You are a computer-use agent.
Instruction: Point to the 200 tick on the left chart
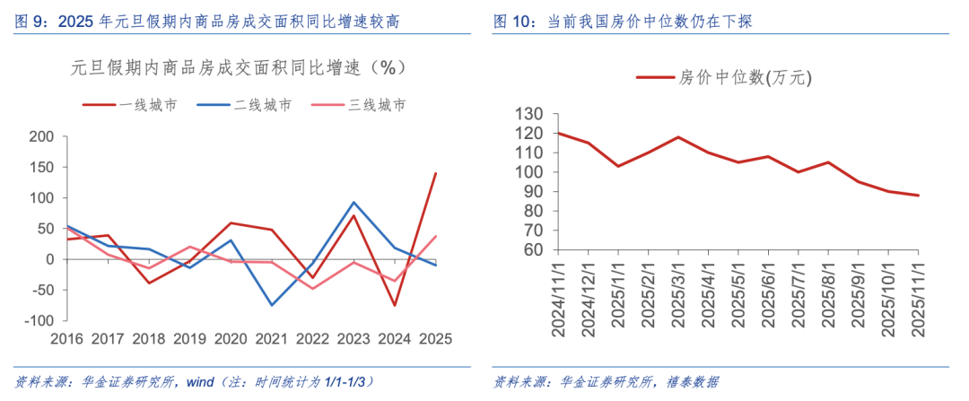(42, 136)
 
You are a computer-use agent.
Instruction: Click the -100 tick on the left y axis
(39, 320)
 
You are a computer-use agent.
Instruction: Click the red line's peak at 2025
(436, 173)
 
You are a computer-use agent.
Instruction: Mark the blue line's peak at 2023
(353, 203)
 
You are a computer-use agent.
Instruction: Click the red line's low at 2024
(395, 306)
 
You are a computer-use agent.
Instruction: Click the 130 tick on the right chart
(530, 114)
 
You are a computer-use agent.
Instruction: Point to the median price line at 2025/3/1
(678, 137)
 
